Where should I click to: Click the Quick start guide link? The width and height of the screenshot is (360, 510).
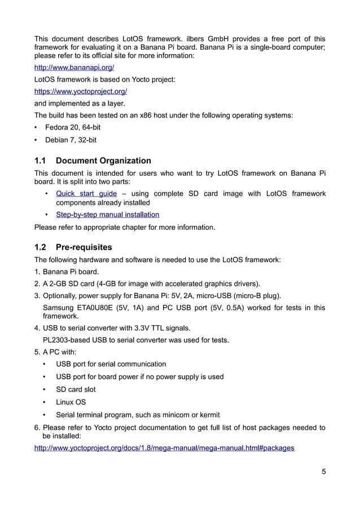pyautogui.click(x=86, y=194)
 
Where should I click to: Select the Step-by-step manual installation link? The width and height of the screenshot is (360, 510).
pyautogui.click(x=107, y=215)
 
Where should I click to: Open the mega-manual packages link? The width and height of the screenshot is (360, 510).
pyautogui.click(x=164, y=448)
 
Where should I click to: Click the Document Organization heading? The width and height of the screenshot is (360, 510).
pyautogui.click(x=103, y=161)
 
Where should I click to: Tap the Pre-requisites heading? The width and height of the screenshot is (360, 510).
pyautogui.click(x=84, y=247)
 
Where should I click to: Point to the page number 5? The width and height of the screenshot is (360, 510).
pyautogui.click(x=323, y=472)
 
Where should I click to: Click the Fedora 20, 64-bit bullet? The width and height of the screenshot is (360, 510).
pyautogui.click(x=73, y=128)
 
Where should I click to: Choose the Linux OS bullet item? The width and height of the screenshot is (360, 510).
pyautogui.click(x=71, y=402)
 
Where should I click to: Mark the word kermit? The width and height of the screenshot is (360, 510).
pyautogui.click(x=208, y=415)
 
